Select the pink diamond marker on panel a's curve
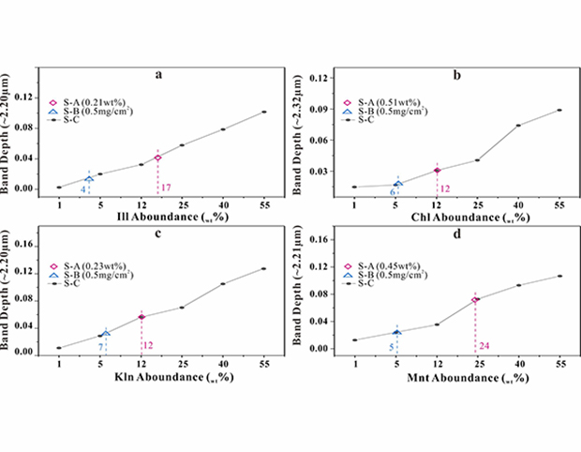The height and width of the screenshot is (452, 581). coord(158,158)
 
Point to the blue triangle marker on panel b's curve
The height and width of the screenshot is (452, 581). coord(397,183)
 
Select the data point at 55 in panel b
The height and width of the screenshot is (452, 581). coord(559,110)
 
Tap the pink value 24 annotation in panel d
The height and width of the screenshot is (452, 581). coord(484,344)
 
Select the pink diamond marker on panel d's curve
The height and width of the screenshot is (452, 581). coord(475,300)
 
